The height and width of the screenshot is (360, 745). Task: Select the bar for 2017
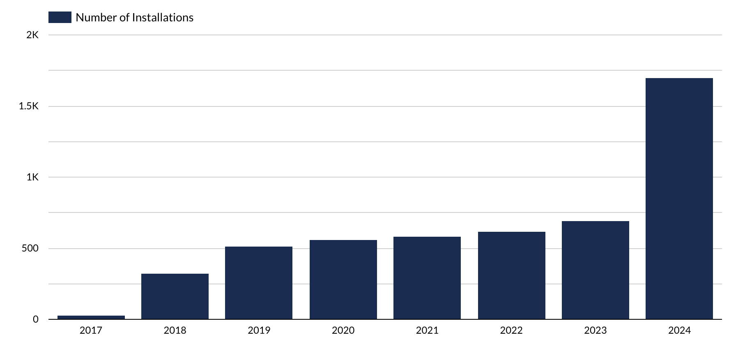click(91, 317)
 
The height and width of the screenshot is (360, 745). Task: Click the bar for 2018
click(175, 296)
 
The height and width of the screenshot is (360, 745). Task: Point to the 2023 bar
click(595, 270)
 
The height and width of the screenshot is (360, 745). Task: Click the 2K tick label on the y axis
click(32, 35)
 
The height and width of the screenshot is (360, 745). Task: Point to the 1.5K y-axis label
click(28, 106)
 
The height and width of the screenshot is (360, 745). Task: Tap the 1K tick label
click(32, 178)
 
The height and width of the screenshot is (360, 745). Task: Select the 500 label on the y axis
click(30, 249)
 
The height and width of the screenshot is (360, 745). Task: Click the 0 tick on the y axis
click(35, 319)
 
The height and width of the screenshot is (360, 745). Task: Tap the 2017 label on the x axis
click(91, 330)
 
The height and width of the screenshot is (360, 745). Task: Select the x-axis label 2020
click(343, 330)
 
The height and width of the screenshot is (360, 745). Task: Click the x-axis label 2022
click(511, 330)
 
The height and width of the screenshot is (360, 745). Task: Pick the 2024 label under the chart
click(679, 330)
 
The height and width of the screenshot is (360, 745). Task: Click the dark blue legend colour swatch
click(60, 17)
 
